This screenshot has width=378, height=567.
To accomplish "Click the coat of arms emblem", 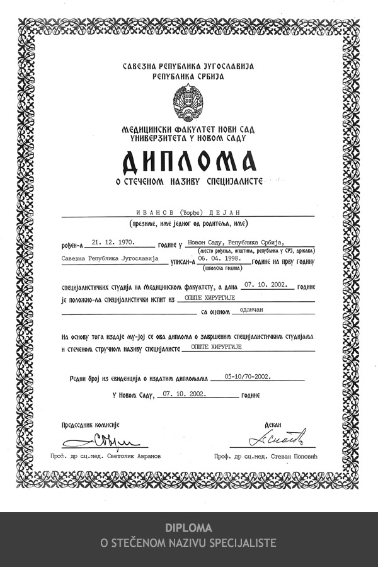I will point(188,102).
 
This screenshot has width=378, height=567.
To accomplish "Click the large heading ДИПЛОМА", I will point(189,162).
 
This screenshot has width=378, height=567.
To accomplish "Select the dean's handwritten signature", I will point(277,435).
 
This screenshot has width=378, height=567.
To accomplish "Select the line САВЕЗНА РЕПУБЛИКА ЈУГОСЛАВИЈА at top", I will point(188,66).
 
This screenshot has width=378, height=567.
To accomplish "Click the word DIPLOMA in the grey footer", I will point(188,528).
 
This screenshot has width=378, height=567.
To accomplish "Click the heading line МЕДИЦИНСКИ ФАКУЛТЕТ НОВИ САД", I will point(188,128).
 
